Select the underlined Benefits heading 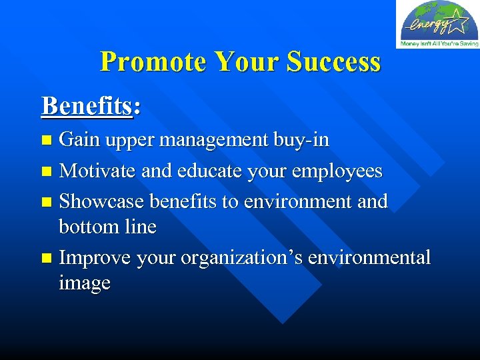click(87, 106)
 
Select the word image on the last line click(85, 283)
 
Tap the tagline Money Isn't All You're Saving click(439, 44)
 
